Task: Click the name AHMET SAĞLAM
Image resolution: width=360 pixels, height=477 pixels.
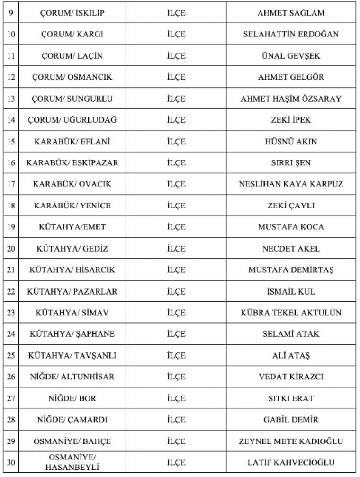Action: (x=291, y=13)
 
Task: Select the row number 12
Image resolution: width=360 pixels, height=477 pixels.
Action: (x=11, y=77)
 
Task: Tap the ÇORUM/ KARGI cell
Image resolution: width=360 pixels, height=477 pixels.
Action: (x=72, y=34)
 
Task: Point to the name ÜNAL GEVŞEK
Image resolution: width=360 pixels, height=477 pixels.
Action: (x=291, y=56)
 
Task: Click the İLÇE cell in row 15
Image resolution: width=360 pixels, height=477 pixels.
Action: (x=176, y=141)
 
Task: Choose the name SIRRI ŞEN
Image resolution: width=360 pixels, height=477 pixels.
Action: (x=291, y=162)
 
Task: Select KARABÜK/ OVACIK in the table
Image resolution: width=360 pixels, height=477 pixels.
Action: (x=72, y=184)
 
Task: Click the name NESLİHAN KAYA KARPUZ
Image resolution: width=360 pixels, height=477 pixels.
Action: (x=291, y=184)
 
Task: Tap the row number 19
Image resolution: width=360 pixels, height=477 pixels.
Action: (x=11, y=227)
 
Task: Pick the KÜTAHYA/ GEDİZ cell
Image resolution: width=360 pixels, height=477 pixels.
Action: (x=72, y=248)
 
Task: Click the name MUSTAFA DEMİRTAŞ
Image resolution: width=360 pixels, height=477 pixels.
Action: (x=291, y=270)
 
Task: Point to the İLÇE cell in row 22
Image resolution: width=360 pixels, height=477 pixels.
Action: (x=176, y=291)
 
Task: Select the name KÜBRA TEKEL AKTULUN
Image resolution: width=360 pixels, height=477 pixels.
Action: (x=291, y=313)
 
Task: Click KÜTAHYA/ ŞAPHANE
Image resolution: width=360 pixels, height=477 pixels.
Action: (x=72, y=334)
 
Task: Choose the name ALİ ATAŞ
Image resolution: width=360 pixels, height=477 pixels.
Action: (x=291, y=355)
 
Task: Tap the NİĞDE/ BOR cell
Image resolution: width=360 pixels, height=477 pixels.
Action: (x=72, y=398)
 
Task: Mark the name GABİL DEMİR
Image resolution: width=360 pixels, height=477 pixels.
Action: (x=291, y=420)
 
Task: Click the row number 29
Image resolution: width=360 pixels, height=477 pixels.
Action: (x=11, y=441)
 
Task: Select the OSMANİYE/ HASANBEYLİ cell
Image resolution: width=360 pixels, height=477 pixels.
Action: (x=72, y=462)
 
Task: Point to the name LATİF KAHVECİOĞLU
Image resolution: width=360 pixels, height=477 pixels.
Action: (x=291, y=462)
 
